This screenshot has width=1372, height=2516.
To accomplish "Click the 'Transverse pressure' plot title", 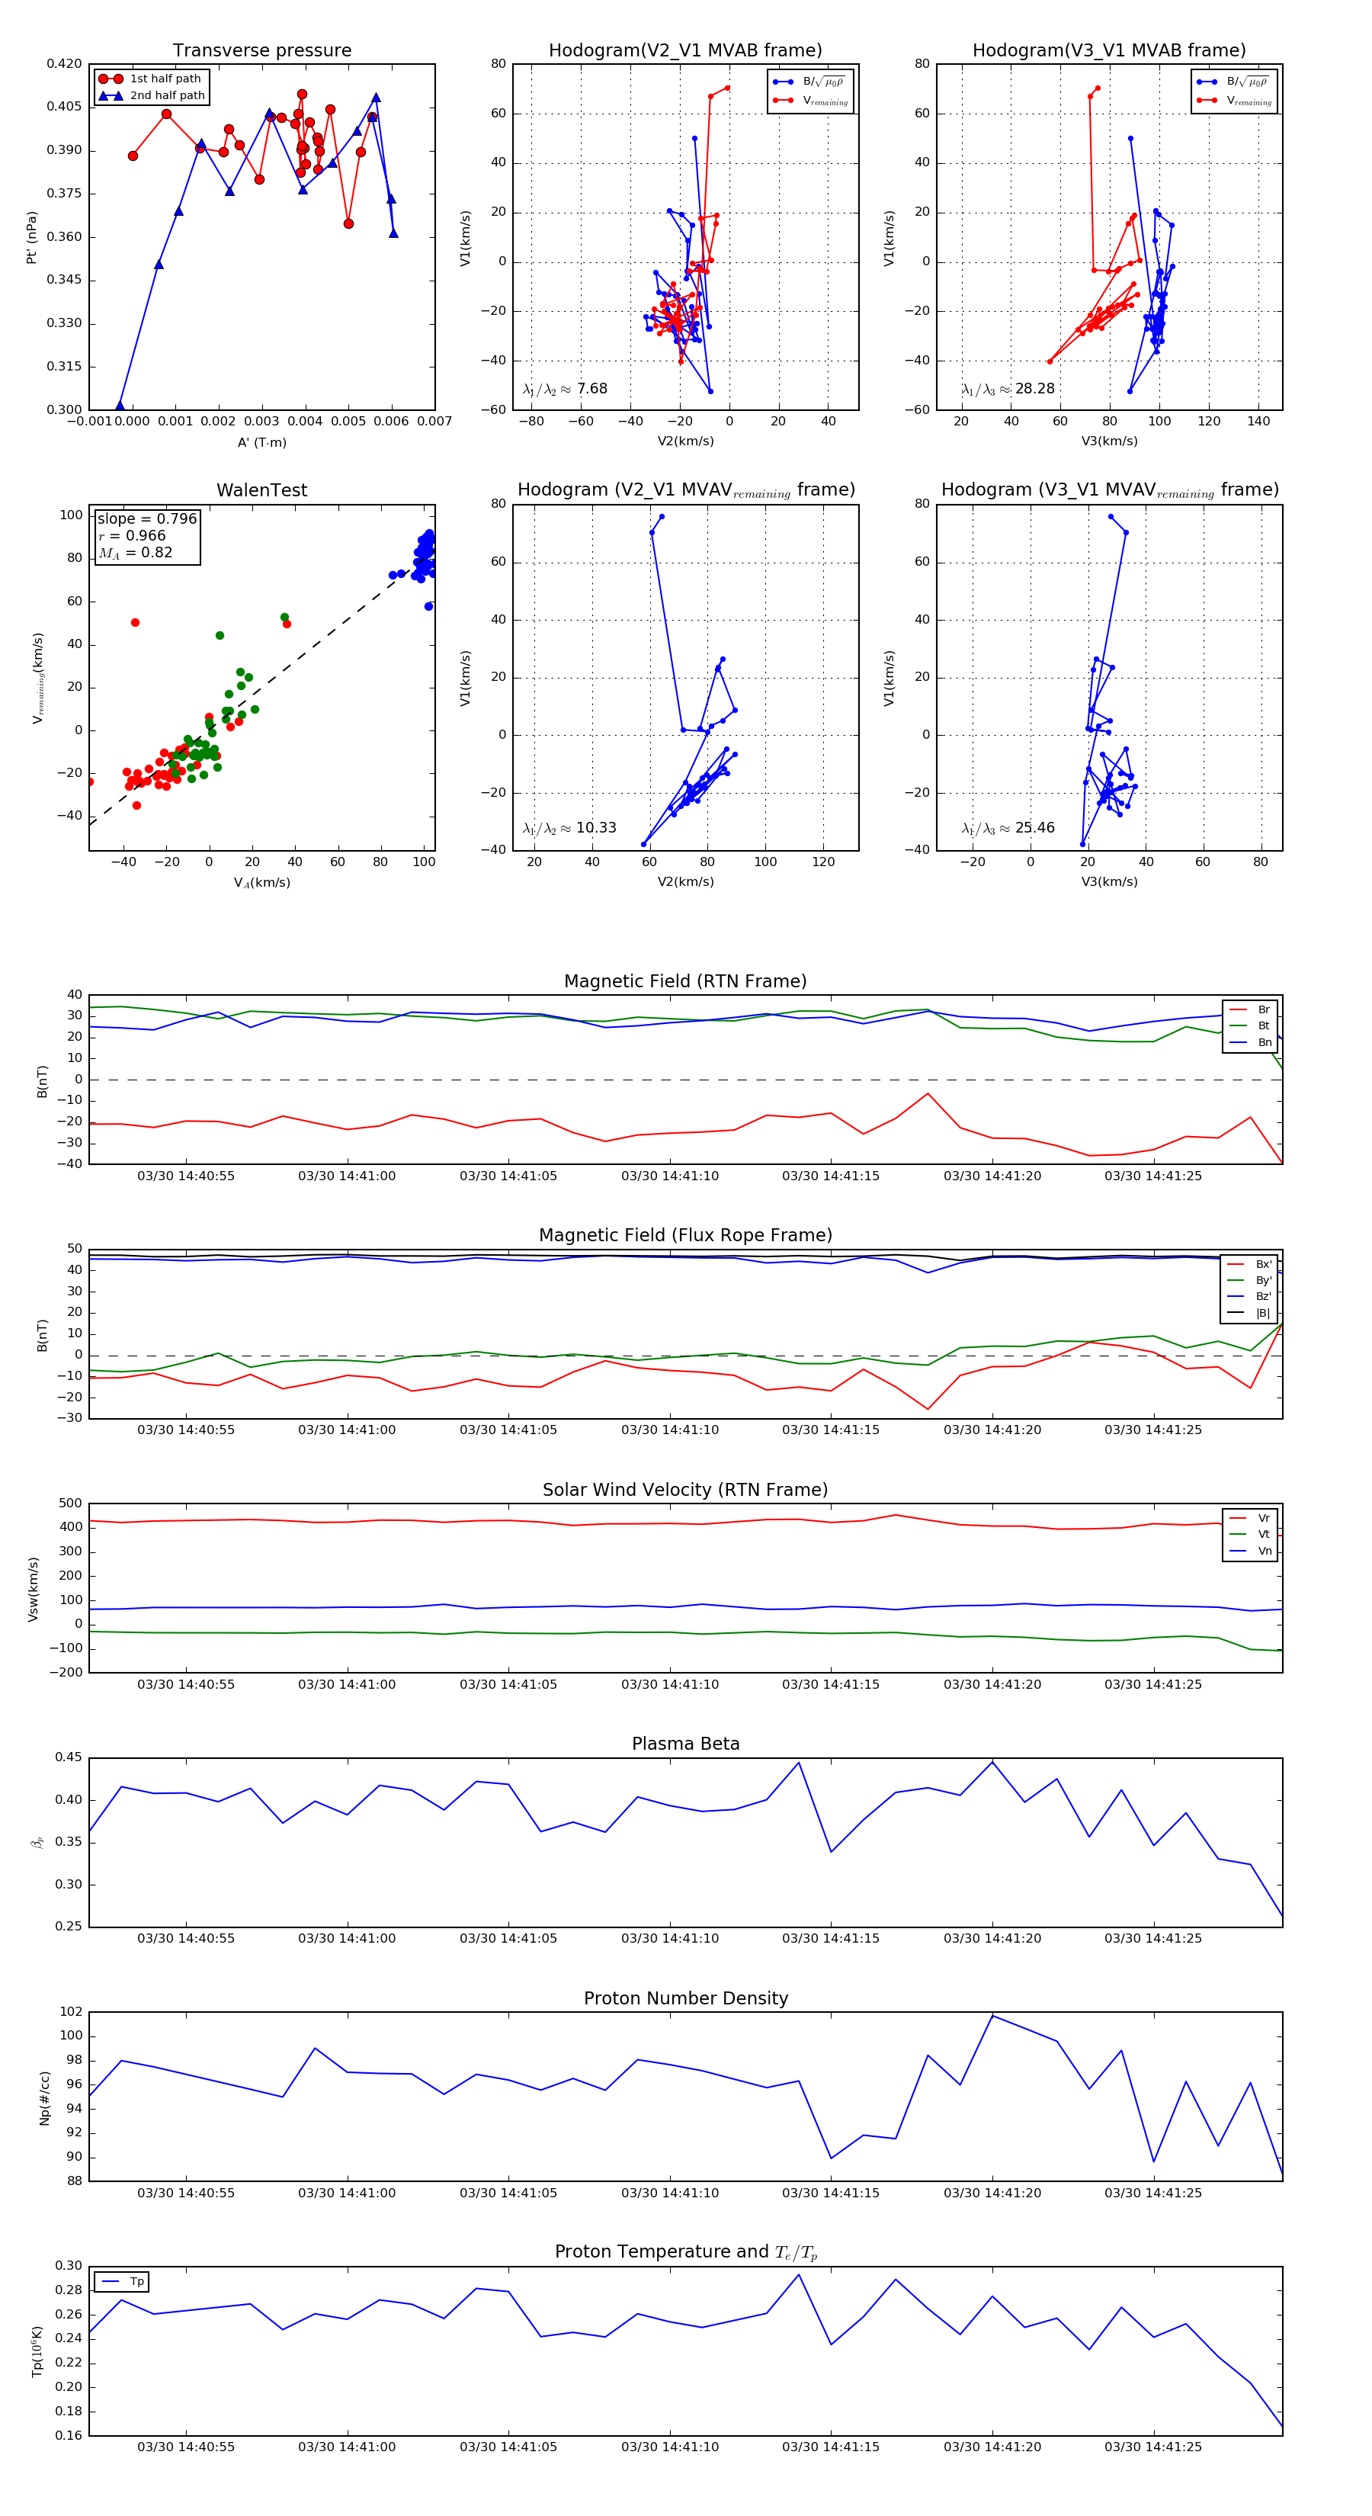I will tap(261, 51).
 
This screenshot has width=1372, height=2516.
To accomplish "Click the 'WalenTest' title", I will tap(261, 490).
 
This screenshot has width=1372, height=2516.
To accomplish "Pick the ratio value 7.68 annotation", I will tap(591, 389).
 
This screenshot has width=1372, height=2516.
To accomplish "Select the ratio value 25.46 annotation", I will tap(1034, 828).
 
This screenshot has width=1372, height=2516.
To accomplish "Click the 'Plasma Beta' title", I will tap(685, 1744).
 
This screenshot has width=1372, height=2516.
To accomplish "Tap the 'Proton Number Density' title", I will tap(685, 1998).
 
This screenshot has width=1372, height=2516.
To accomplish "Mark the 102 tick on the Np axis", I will tap(72, 2012).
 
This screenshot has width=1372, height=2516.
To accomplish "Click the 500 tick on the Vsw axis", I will tap(70, 1504).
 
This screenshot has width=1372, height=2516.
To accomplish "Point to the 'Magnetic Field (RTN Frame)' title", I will tap(685, 981).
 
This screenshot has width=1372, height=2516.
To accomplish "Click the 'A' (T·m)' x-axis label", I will tap(261, 442).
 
